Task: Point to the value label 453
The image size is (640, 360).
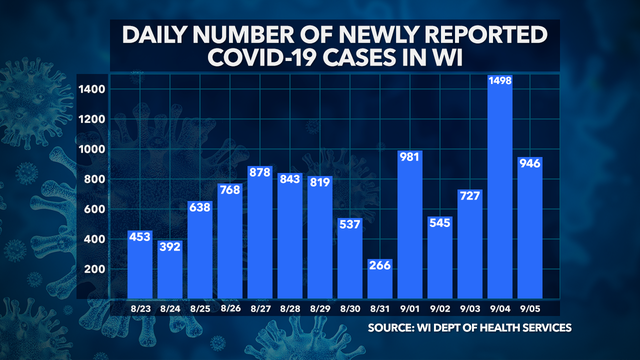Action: coord(141,236)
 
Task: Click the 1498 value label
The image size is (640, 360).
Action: coord(500,80)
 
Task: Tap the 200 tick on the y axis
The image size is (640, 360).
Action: coord(95,270)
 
